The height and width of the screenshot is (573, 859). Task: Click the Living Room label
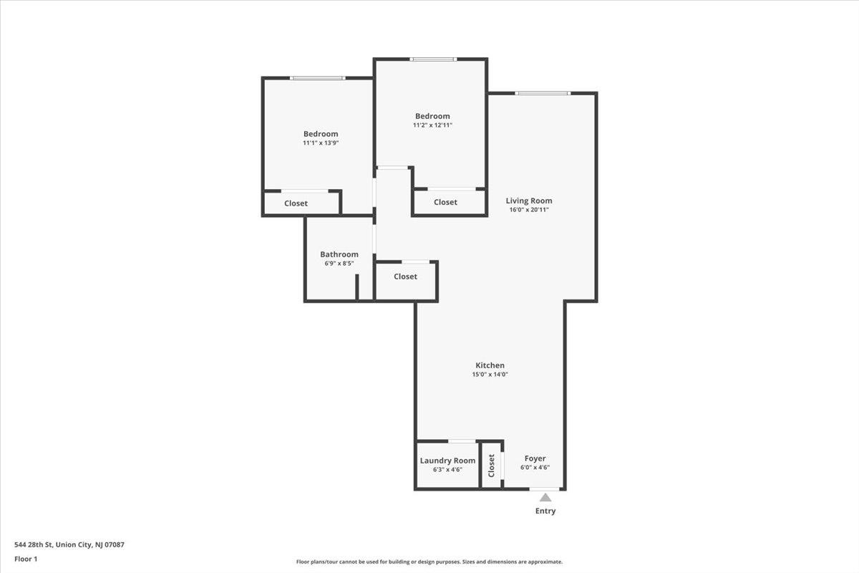[529, 201]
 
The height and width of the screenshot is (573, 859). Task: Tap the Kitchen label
[490, 365]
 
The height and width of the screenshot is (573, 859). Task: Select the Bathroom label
[339, 254]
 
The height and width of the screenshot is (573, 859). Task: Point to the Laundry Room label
[447, 461]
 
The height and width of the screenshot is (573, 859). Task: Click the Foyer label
[535, 458]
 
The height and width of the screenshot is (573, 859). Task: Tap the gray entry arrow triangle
[545, 498]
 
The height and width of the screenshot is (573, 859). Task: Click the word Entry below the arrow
[545, 511]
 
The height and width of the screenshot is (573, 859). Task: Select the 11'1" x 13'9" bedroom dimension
[321, 143]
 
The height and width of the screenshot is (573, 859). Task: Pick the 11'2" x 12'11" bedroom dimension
[432, 125]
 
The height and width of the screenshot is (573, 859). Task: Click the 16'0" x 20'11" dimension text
[529, 210]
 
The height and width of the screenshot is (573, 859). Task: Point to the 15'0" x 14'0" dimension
[490, 375]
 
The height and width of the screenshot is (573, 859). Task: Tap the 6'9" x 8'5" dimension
[339, 264]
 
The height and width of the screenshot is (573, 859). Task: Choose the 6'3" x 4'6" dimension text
[447, 470]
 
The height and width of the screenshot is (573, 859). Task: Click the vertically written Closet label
[491, 466]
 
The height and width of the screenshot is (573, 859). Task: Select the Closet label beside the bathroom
[405, 276]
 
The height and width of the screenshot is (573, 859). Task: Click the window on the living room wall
[543, 93]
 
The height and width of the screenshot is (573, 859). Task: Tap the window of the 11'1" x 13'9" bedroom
[318, 78]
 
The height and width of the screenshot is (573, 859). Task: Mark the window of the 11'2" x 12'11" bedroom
[433, 59]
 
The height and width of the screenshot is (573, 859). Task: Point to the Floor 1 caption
[26, 559]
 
